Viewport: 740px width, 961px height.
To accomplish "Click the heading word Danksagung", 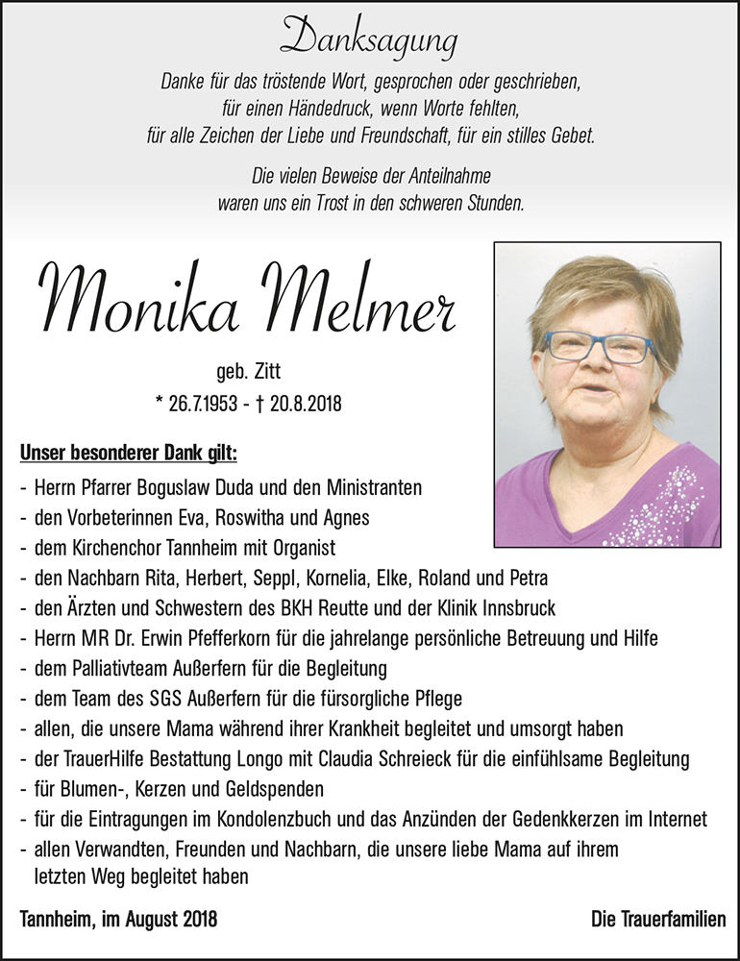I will pyautogui.click(x=369, y=40).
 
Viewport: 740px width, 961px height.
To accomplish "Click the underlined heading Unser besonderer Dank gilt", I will pyautogui.click(x=128, y=453).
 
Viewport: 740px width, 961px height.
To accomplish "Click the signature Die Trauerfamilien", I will pyautogui.click(x=658, y=920).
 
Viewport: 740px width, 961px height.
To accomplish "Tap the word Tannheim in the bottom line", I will pyautogui.click(x=55, y=920).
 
